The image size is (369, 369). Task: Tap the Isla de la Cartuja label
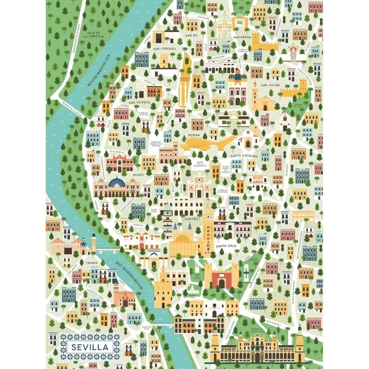pyautogui.click(x=96, y=34)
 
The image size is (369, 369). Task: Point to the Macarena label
pyautogui.click(x=242, y=37)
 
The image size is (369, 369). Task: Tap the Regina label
pyautogui.click(x=194, y=135)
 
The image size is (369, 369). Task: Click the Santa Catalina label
pyautogui.click(x=245, y=156)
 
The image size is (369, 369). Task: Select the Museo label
pyautogui.click(x=138, y=175)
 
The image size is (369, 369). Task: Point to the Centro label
pyautogui.click(x=191, y=219)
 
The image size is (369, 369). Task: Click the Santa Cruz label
pyautogui.click(x=225, y=246)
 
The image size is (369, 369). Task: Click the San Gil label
pyautogui.click(x=192, y=35)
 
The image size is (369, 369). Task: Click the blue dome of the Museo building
pyautogui.click(x=117, y=183)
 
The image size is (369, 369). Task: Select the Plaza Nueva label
pyautogui.click(x=154, y=211)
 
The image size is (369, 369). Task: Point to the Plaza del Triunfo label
pyautogui.click(x=197, y=276)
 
